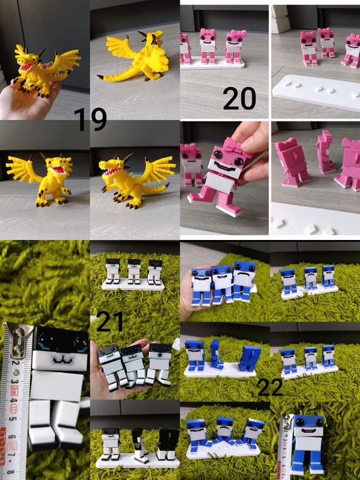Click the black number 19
click(x=91, y=119)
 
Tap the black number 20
click(x=239, y=98)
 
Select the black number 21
click(x=110, y=322)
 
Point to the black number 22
click(x=270, y=387)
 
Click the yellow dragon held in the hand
click(x=43, y=71)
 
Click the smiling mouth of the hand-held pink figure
click(x=226, y=167)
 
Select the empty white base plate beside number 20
click(x=317, y=91)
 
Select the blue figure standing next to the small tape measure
click(x=309, y=443)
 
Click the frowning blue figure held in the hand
click(x=243, y=281)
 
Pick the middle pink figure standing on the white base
click(x=208, y=46)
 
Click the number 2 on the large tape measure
click(x=14, y=363)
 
